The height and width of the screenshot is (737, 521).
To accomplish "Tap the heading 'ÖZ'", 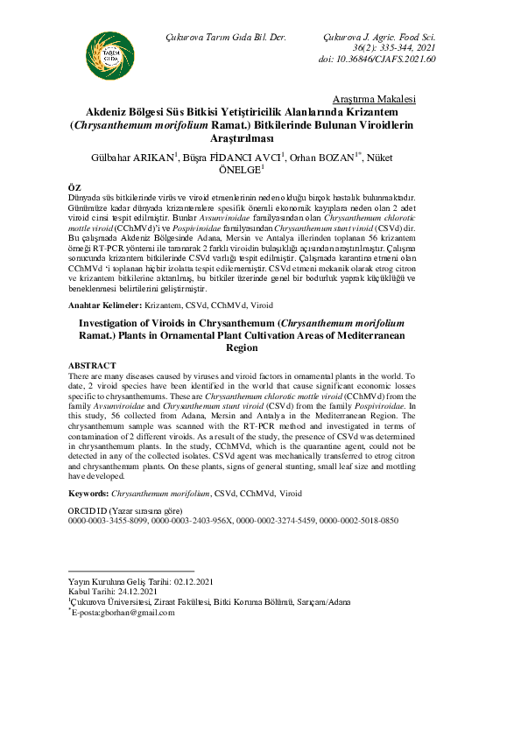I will coord(74,188).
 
